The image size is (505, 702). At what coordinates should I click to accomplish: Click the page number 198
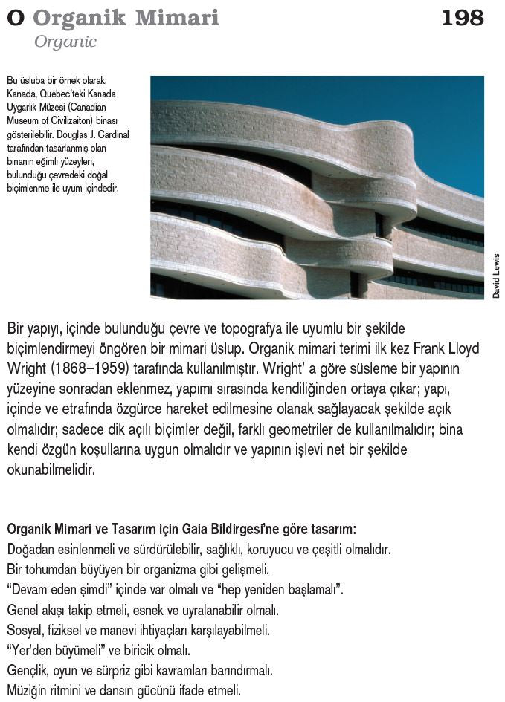[x=462, y=17]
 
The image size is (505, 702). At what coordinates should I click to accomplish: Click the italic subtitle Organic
[x=65, y=42]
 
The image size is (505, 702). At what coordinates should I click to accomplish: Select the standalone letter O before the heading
[x=15, y=18]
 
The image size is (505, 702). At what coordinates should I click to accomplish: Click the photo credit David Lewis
[x=496, y=276]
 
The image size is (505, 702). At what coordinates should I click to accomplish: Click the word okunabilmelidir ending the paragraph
[x=51, y=469]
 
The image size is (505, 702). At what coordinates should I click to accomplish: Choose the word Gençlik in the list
[x=28, y=671]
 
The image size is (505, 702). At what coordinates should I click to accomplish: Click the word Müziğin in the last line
[x=28, y=691]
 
